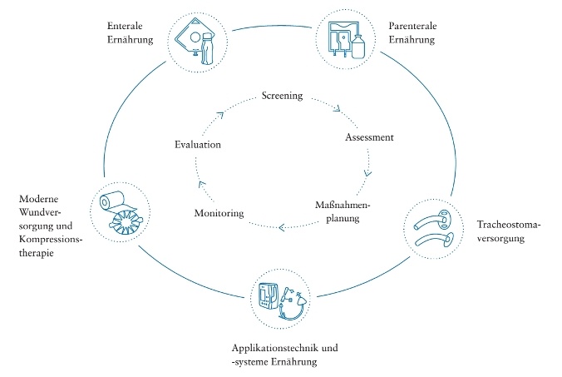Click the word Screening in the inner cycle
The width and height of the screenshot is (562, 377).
[281, 96]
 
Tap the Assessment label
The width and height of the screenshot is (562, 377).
[368, 137]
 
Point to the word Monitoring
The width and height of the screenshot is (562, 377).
[219, 213]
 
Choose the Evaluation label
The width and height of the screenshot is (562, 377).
[198, 145]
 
